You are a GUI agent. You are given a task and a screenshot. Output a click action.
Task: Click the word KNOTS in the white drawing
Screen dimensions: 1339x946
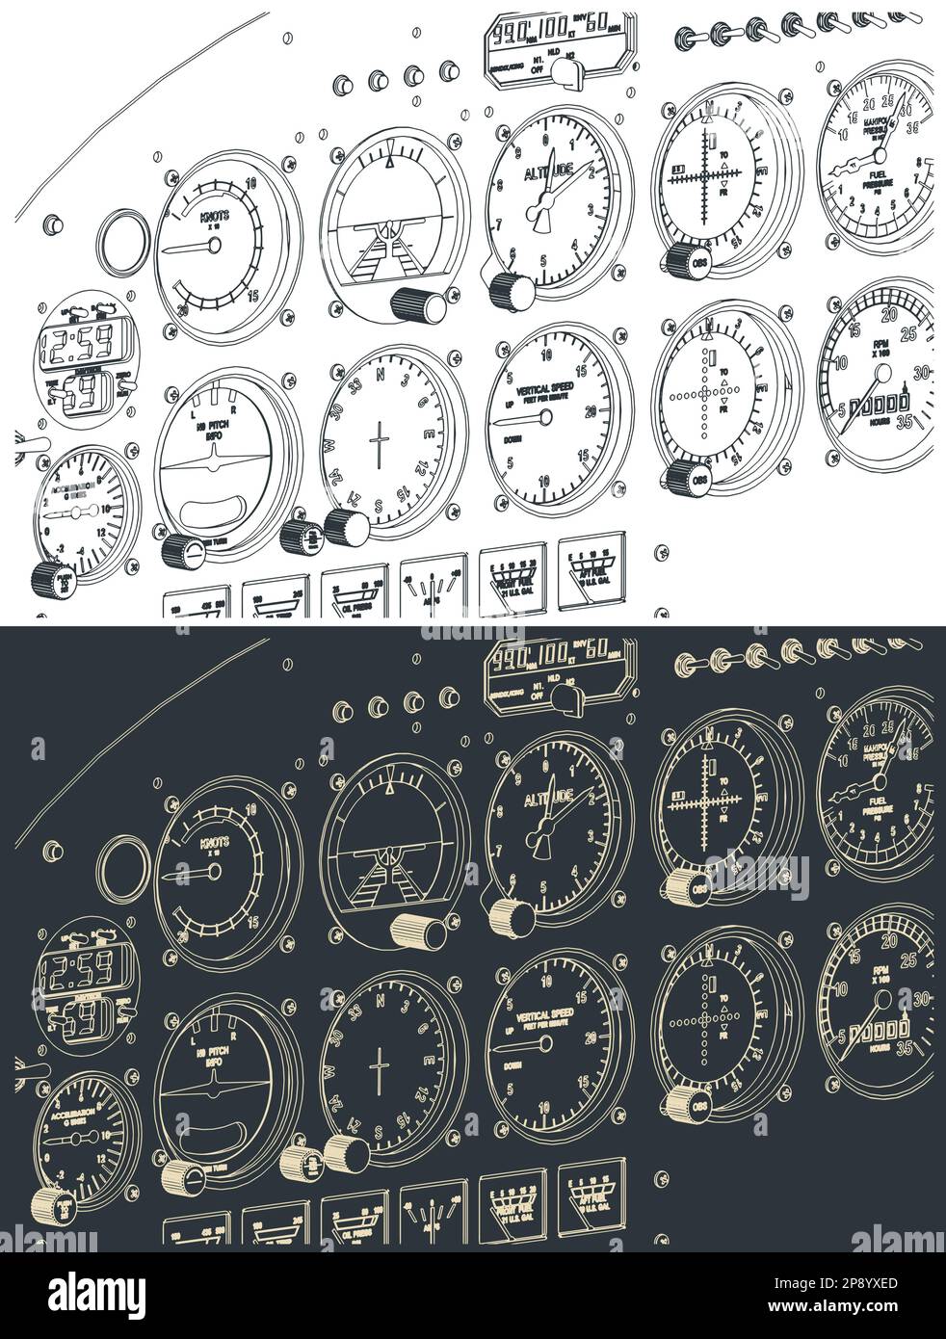pos(214,217)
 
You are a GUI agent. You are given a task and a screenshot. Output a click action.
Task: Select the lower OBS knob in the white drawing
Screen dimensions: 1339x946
pos(680,475)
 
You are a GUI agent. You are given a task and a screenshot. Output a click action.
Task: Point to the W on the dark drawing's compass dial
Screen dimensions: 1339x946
pos(330,1071)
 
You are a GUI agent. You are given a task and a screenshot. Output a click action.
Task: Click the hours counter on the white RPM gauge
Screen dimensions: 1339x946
pos(880,401)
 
